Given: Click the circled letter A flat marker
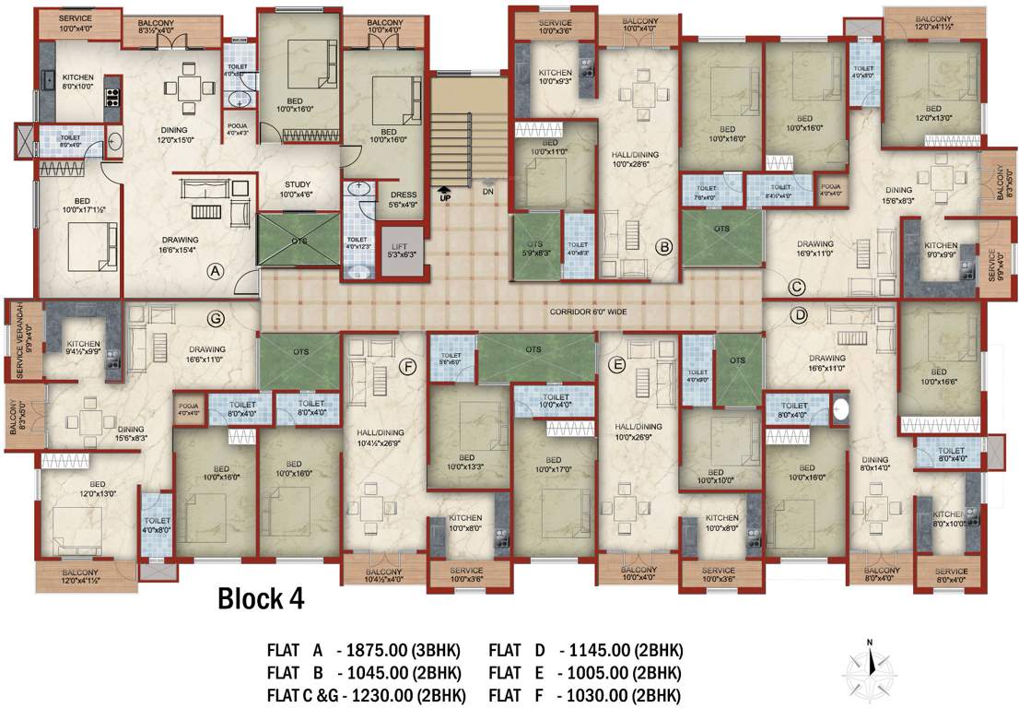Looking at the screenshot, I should pos(215,271).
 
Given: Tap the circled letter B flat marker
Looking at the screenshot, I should pos(664,247).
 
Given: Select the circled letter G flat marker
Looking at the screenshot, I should pos(217,318).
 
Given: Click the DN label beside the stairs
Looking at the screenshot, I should pos(487,192).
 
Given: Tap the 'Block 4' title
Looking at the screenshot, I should pos(261,599).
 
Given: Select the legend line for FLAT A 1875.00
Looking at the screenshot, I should pos(363,650).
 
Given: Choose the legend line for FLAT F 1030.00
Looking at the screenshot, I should pos(585,694).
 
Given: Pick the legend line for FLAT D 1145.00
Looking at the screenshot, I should pos(585,650).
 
